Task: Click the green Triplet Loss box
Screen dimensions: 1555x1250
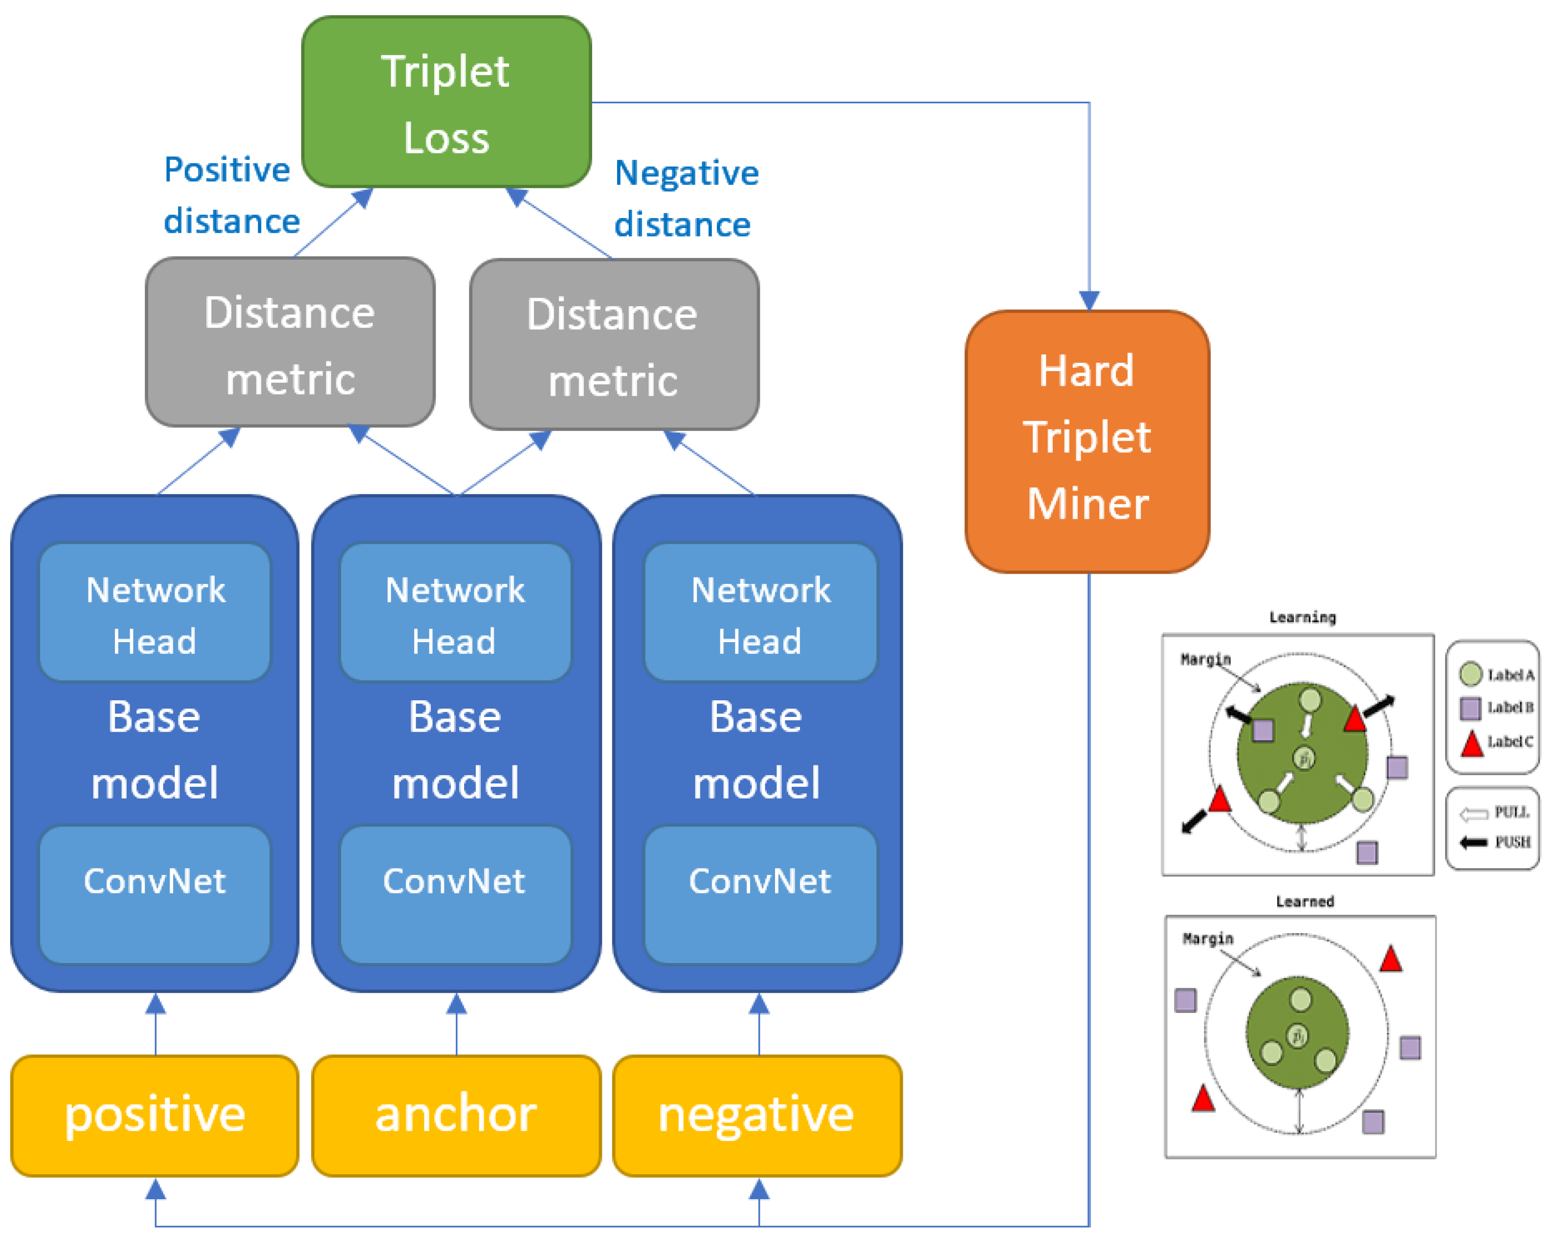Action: point(446,102)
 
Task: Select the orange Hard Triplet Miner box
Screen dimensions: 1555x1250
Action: point(1088,442)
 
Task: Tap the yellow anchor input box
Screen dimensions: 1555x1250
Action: point(457,1116)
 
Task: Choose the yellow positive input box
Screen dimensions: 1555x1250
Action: point(155,1116)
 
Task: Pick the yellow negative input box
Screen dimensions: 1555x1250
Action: point(757,1116)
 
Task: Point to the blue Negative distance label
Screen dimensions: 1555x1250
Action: point(686,199)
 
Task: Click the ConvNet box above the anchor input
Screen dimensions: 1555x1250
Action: point(456,895)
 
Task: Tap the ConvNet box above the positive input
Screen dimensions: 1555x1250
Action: point(155,895)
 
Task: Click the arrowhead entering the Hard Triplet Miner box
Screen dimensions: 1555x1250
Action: point(1089,300)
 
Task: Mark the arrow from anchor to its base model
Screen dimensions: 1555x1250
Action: point(457,1024)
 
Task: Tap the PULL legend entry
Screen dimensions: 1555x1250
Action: point(1494,813)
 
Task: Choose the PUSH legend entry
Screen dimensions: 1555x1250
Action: point(1494,842)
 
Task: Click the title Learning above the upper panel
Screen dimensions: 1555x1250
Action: point(1303,618)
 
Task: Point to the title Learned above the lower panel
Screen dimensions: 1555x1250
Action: point(1305,902)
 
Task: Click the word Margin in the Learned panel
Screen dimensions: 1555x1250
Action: point(1208,938)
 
